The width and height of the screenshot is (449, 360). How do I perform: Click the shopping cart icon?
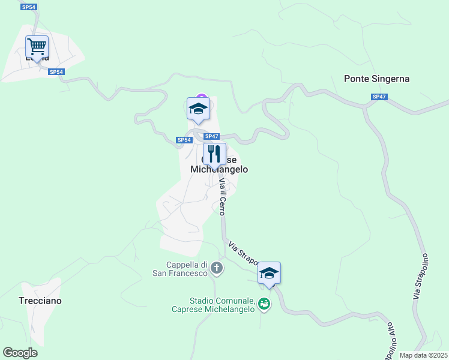click(37, 46)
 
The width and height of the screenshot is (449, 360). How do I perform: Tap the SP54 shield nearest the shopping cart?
click(56, 72)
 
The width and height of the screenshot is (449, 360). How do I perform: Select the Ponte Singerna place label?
click(376, 79)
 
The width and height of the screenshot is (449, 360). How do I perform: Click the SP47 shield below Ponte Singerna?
click(378, 97)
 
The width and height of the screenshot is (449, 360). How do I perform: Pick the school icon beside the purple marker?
click(197, 109)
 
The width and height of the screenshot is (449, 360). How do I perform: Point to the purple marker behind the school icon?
click(202, 97)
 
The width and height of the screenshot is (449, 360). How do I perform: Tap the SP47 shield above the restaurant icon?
click(211, 136)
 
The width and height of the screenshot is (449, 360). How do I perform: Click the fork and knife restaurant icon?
click(214, 154)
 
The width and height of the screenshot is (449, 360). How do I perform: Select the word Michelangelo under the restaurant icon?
click(219, 170)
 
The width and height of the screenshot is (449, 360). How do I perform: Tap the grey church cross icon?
click(217, 268)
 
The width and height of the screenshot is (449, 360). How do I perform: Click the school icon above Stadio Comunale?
click(270, 273)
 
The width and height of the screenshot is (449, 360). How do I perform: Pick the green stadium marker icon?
click(264, 305)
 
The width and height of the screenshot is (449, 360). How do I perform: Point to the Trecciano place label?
click(40, 300)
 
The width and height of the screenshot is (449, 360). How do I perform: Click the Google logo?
click(20, 352)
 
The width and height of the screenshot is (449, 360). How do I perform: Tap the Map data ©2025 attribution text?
click(423, 355)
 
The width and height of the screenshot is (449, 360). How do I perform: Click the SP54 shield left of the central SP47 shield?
click(184, 140)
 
